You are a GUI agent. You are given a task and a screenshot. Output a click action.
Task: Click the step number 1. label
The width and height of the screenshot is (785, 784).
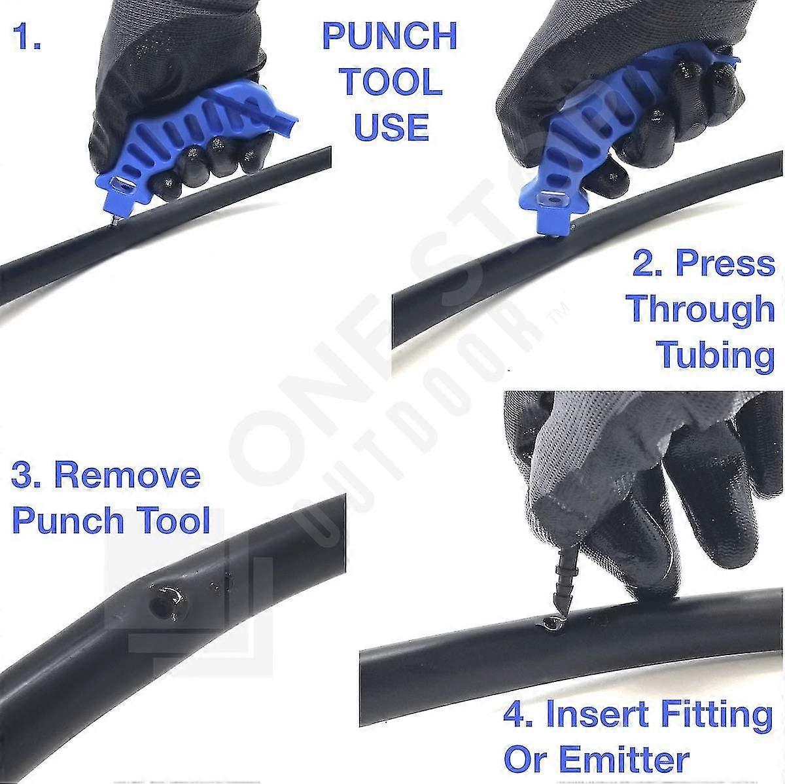[x=27, y=38]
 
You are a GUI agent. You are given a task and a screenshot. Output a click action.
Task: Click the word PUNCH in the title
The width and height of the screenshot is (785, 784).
[x=390, y=37]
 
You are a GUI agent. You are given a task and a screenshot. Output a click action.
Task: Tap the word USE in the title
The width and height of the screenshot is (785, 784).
[x=391, y=127]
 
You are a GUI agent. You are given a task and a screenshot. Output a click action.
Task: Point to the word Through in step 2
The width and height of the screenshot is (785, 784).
[x=701, y=309]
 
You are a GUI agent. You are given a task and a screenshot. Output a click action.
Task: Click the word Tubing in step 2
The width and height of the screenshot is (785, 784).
[x=715, y=355]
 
